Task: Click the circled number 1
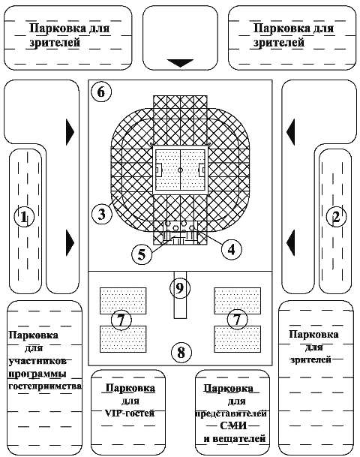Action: pos(24,217)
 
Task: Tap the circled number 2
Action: pos(336,217)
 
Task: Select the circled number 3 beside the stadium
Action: pos(102,214)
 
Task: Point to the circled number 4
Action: pos(232,249)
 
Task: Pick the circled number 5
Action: pos(142,254)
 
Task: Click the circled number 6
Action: pos(100,92)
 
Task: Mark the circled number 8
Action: pos(181,353)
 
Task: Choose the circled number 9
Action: pos(180,288)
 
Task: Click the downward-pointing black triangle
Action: pos(180,63)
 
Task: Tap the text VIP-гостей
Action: pos(130,413)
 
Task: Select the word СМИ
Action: pos(233,425)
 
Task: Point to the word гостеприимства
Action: pos(45,386)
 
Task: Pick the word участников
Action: pos(37,361)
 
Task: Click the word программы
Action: pos(37,374)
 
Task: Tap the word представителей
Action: pos(231,413)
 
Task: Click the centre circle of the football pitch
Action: pos(180,170)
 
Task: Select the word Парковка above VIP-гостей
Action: pos(130,388)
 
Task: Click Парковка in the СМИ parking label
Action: pos(228,388)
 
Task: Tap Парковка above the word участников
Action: pos(34,335)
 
